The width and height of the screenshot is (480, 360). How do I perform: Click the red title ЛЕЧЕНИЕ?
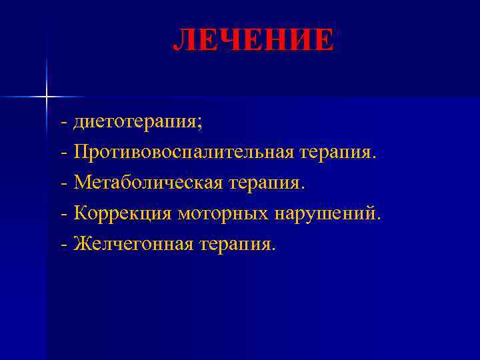tap(253, 40)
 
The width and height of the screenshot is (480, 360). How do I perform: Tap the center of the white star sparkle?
tap(47, 97)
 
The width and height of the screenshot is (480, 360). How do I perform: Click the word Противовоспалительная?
tap(184, 153)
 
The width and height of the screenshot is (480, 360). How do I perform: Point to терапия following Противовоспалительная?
tap(337, 153)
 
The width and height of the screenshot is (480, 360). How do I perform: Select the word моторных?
tap(223, 214)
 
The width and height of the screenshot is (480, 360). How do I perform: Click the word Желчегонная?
tap(135, 245)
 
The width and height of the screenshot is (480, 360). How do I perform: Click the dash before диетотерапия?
tap(63, 123)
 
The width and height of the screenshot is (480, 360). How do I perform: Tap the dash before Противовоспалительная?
tap(63, 154)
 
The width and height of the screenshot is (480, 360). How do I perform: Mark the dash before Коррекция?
tap(63, 215)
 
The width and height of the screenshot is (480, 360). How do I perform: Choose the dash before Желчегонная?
tap(63, 246)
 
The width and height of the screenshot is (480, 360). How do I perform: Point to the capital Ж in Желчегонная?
tap(83, 244)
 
